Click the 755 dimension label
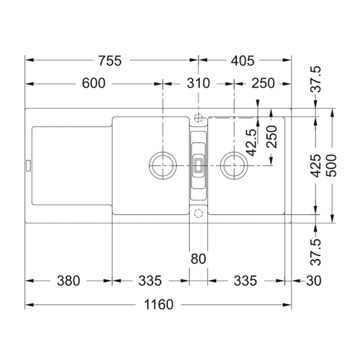[x=110, y=61]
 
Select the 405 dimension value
[x=242, y=61]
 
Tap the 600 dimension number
[x=94, y=83]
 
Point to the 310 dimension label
[x=199, y=83]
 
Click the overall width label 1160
[x=159, y=305]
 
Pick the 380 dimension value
[x=69, y=281]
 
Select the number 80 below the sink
[x=199, y=259]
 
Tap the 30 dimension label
[x=314, y=281]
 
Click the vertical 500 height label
[x=333, y=166]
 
